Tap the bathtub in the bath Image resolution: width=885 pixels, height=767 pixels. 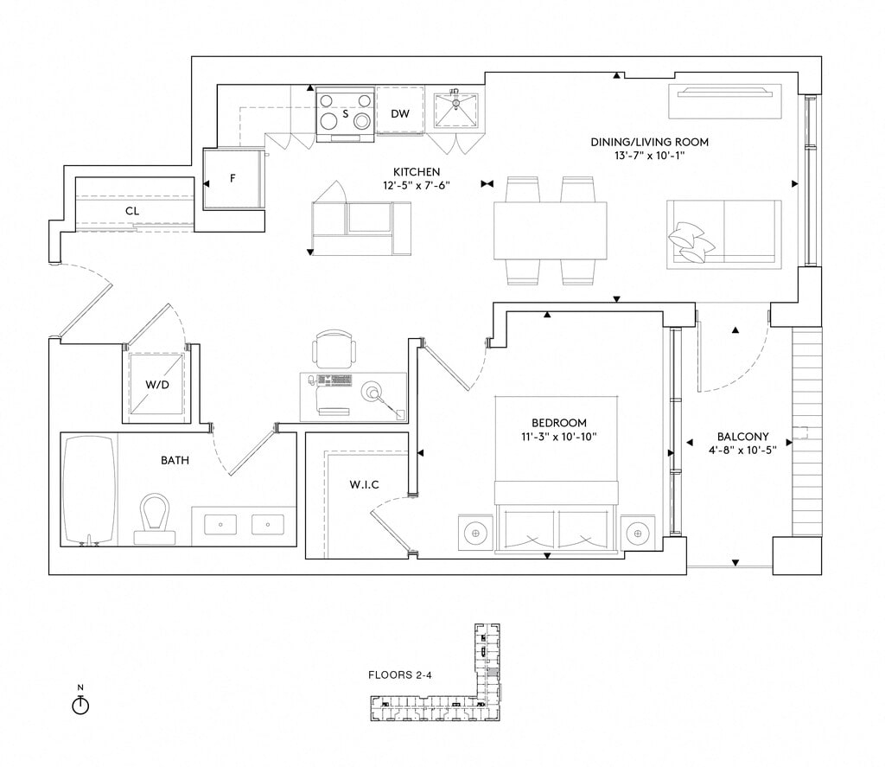click(x=90, y=490)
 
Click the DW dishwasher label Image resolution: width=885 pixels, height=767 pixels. click(x=399, y=114)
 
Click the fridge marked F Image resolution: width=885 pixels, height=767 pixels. click(x=232, y=179)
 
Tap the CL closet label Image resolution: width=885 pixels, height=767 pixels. click(x=132, y=210)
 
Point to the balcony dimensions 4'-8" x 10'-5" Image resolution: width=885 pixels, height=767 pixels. click(x=742, y=450)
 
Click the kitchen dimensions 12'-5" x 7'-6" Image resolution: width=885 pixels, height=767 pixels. click(x=417, y=184)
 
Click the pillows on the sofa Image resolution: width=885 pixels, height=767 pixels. click(x=691, y=240)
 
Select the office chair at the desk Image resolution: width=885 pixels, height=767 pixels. click(x=334, y=350)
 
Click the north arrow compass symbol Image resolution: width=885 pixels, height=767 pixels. click(x=80, y=704)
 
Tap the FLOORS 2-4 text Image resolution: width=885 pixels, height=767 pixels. click(x=399, y=674)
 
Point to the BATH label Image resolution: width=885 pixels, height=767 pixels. click(x=175, y=460)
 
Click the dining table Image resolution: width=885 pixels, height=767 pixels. click(x=550, y=230)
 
